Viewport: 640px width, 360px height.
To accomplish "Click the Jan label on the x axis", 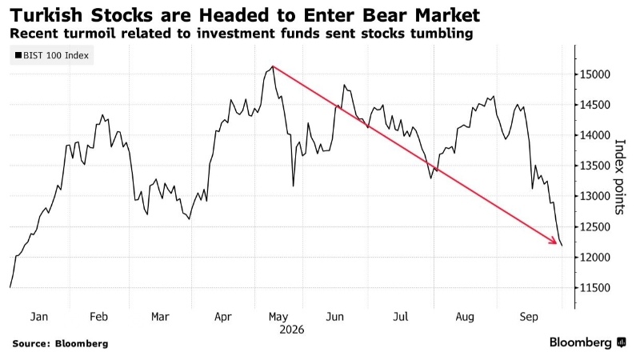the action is (38, 317).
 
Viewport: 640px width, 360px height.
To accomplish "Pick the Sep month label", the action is (529, 317).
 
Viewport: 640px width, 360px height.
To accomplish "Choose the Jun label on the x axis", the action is (334, 317).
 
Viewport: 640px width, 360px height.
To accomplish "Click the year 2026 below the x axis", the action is (291, 330).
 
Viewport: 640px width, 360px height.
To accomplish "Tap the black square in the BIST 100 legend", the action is (18, 55).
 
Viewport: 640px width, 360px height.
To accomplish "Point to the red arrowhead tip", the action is (557, 244).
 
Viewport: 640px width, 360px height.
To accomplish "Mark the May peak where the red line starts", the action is (273, 66).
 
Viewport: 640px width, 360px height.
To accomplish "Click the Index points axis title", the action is (619, 177).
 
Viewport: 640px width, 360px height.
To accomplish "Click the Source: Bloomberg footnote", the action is (61, 344).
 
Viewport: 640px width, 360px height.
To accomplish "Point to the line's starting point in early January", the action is (10, 287).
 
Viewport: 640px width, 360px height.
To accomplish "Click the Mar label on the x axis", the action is (160, 317).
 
